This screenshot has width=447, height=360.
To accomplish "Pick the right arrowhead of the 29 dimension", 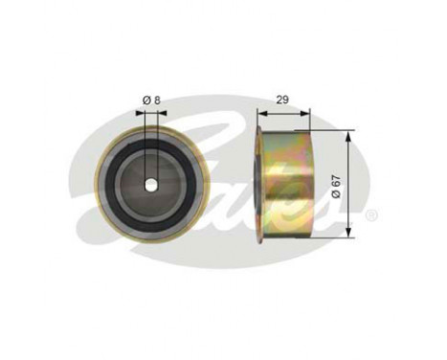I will click(x=308, y=111).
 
